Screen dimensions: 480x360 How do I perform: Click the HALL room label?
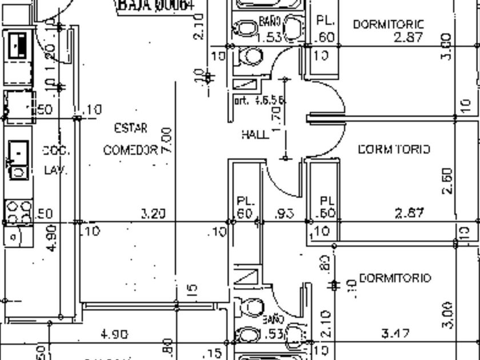(x=255, y=135)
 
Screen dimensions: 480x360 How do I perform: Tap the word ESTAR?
(x=131, y=128)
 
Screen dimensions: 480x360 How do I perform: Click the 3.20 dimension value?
(x=153, y=214)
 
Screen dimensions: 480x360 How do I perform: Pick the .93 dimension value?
(x=284, y=214)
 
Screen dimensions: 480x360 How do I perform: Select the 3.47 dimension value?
(x=394, y=333)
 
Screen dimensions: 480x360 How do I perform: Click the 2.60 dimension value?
(x=447, y=181)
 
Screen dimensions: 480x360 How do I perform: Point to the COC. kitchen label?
(x=56, y=151)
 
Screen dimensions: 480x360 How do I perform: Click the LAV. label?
(x=56, y=170)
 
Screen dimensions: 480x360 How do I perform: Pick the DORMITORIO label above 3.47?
(x=396, y=278)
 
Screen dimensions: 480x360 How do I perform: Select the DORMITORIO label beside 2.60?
(x=394, y=149)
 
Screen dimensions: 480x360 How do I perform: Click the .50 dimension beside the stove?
(x=45, y=214)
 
